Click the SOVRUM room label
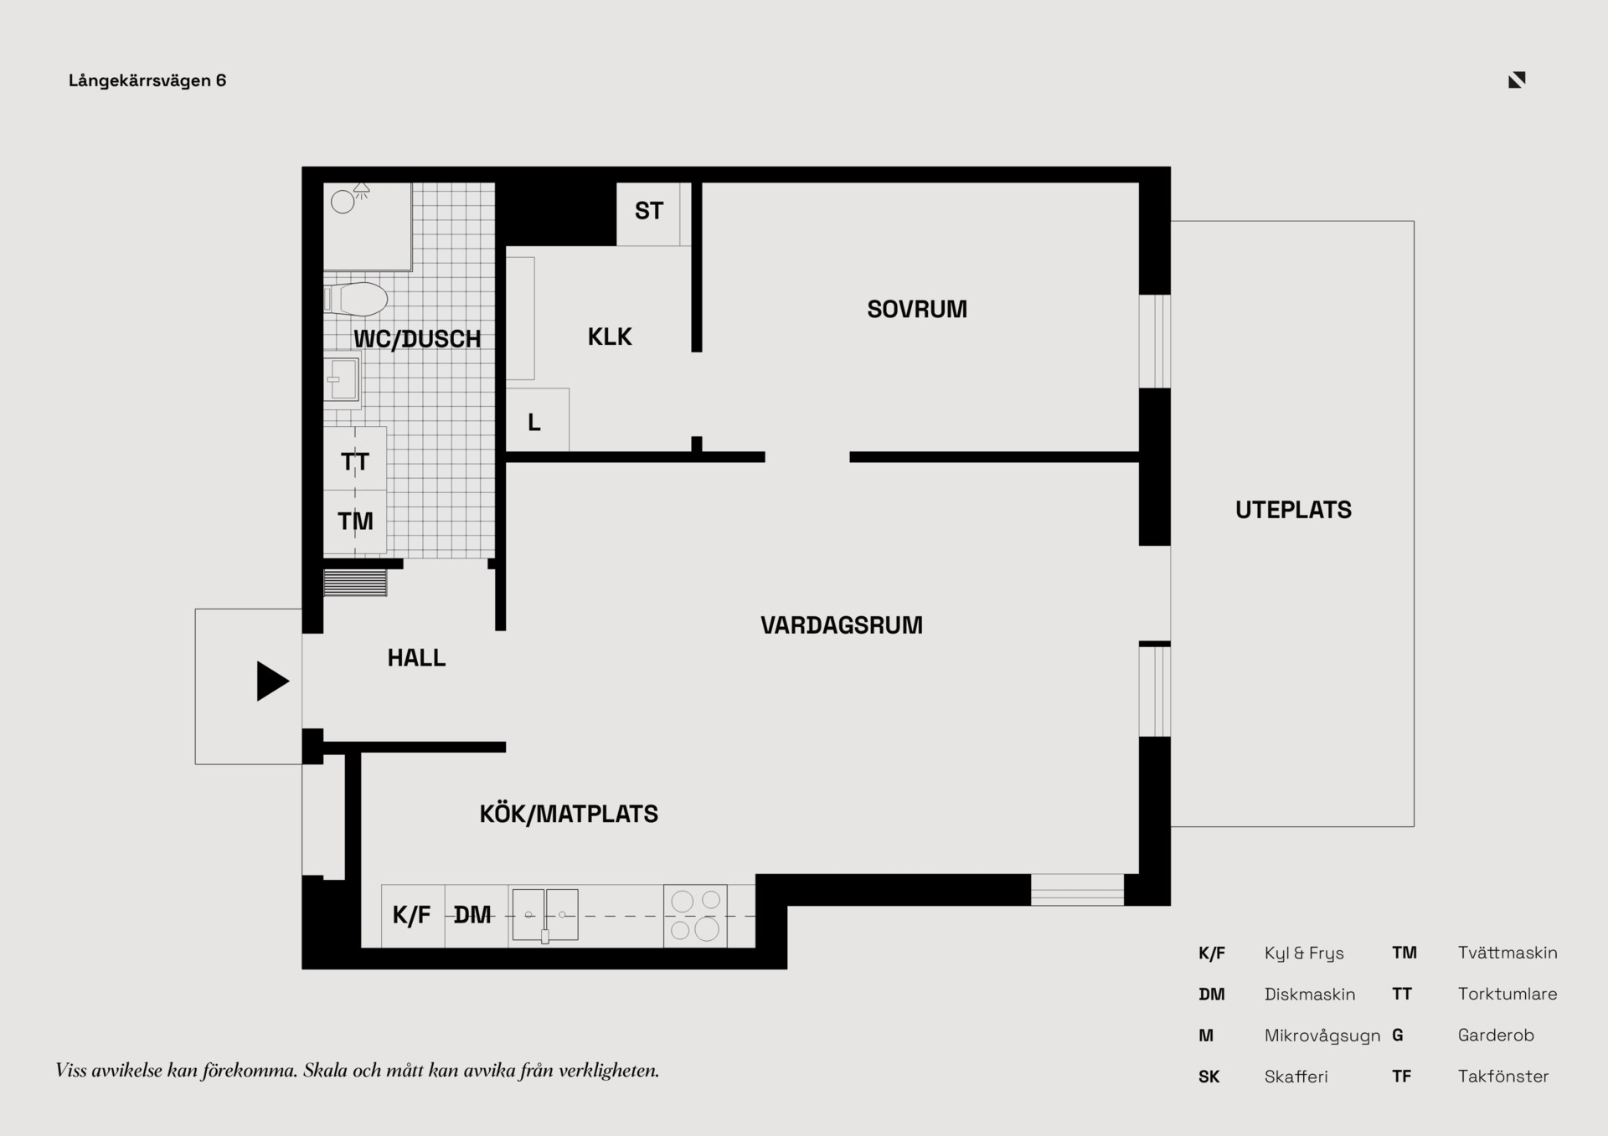(x=917, y=310)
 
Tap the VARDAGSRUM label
(x=842, y=625)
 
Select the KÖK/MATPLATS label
(x=569, y=814)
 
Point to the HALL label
(x=416, y=658)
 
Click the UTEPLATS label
(x=1293, y=510)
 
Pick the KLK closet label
(x=610, y=337)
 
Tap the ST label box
(x=648, y=214)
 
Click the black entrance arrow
(x=272, y=681)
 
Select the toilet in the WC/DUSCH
(x=356, y=299)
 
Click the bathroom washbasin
(x=343, y=379)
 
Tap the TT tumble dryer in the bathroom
(x=355, y=459)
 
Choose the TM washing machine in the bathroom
(x=355, y=522)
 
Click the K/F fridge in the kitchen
(x=413, y=916)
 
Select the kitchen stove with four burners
(x=695, y=916)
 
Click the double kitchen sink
(x=545, y=915)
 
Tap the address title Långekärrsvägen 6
(x=147, y=81)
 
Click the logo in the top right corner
(x=1517, y=80)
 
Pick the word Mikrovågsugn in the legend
(x=1322, y=1036)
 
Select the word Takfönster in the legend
(x=1503, y=1077)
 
